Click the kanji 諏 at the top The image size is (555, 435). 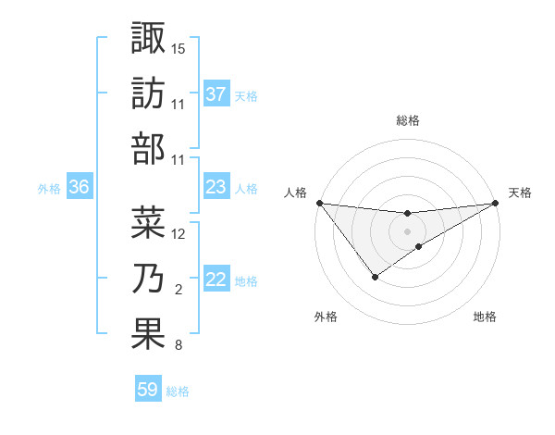click(148, 39)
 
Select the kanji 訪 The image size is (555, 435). click(148, 93)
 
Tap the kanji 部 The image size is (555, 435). click(148, 148)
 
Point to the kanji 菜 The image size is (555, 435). click(148, 222)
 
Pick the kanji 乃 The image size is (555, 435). click(148, 278)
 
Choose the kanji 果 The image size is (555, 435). click(148, 333)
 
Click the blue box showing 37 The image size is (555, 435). click(216, 94)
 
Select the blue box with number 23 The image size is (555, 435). click(216, 187)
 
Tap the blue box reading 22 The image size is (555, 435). click(216, 280)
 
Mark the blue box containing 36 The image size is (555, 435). click(80, 187)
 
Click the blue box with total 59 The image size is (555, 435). click(148, 390)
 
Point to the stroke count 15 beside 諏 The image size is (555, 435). click(179, 48)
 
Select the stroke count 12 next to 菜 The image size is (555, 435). click(179, 233)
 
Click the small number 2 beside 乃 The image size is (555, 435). click(178, 290)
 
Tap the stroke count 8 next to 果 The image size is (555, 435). click(178, 345)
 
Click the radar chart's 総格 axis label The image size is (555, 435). click(407, 120)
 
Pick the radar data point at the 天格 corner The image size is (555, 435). click(496, 203)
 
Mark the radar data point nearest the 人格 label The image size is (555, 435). click(319, 203)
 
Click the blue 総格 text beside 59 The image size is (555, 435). click(178, 391)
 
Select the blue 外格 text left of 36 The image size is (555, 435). click(49, 188)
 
